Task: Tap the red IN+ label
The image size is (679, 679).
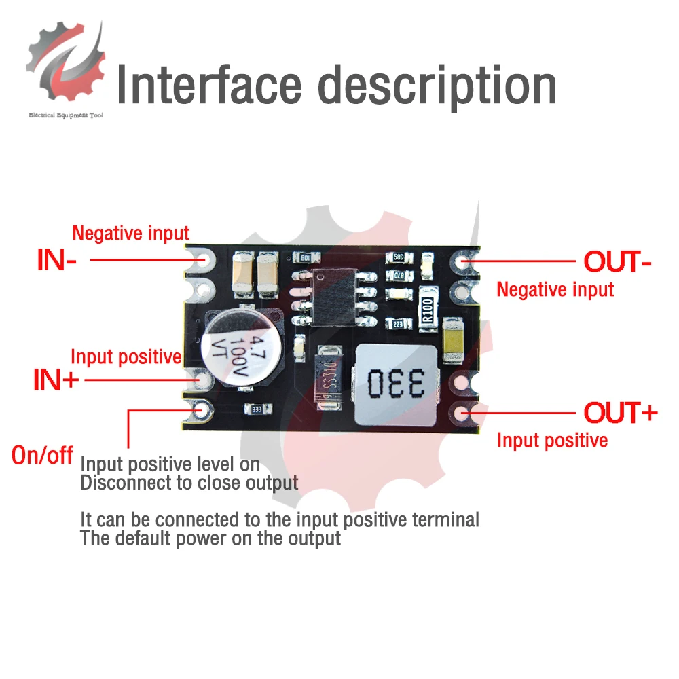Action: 56,380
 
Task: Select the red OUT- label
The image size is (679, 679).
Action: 616,261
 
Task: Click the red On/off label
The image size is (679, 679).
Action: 42,455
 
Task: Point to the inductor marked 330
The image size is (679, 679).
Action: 395,384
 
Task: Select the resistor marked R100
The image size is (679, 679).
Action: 428,313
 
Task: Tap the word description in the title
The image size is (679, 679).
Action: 437,86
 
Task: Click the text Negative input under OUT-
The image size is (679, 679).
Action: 555,290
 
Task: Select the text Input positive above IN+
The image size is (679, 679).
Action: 126,356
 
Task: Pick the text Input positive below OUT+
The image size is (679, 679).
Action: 552,440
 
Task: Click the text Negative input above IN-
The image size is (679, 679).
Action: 130,234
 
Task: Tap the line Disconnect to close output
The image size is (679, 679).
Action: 189,483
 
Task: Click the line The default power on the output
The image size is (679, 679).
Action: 210,538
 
